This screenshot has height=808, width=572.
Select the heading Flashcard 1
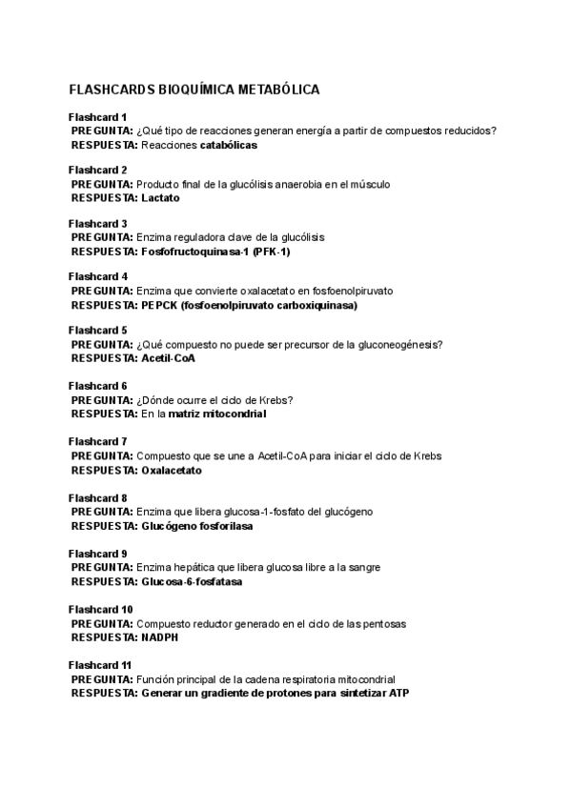pos(98,116)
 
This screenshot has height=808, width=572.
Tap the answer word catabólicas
pos(229,146)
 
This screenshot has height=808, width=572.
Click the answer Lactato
pos(160,198)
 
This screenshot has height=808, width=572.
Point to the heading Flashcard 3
pos(98,224)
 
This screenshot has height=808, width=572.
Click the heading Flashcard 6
pos(98,386)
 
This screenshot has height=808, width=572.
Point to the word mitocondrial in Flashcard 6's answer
pos(235,414)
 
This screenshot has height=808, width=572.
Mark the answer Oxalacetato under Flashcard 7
pos(172,470)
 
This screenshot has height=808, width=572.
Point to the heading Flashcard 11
pos(101,664)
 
